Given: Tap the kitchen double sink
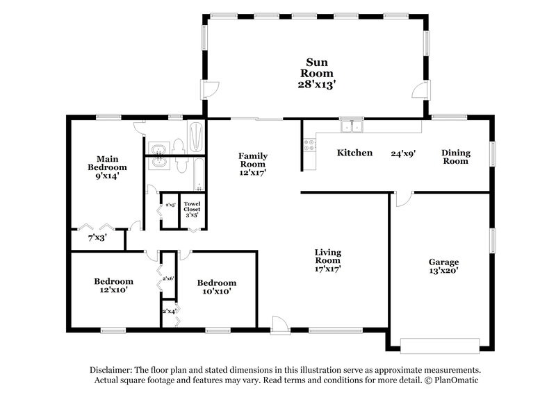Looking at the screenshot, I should pyautogui.click(x=351, y=126).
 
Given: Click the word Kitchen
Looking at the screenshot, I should pyautogui.click(x=354, y=153).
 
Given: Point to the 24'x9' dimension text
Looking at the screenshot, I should pyautogui.click(x=403, y=153).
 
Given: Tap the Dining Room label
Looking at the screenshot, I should pyautogui.click(x=456, y=157).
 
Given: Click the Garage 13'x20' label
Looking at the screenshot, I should pyautogui.click(x=443, y=267).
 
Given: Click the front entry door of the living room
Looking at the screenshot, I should pyautogui.click(x=278, y=323).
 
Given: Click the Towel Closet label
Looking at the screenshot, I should pyautogui.click(x=191, y=209).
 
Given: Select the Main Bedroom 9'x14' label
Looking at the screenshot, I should pyautogui.click(x=107, y=168).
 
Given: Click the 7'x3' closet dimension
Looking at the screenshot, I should pyautogui.click(x=97, y=237).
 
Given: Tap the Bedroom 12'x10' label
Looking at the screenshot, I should pyautogui.click(x=113, y=286).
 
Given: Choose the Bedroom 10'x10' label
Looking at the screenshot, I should pyautogui.click(x=216, y=287).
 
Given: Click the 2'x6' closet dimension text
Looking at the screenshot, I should pyautogui.click(x=167, y=278).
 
